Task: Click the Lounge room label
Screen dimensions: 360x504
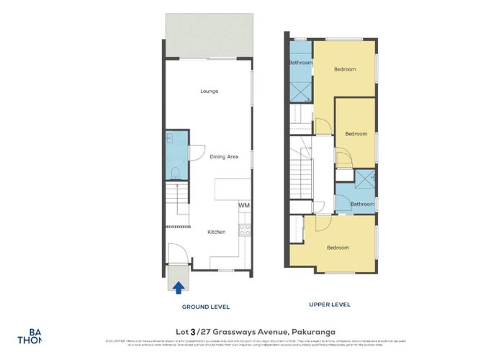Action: [210, 91]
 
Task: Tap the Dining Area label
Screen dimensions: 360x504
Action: [224, 156]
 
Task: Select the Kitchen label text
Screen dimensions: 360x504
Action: [217, 232]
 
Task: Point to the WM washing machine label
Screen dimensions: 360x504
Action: [243, 206]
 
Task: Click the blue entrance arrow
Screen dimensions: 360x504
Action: [176, 287]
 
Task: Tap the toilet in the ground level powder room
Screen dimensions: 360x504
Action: [175, 171]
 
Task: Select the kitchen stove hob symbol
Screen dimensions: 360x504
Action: [244, 230]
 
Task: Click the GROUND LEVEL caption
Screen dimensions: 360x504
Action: [205, 307]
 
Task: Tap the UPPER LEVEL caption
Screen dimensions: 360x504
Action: [330, 305]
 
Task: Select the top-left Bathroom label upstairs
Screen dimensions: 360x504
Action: [301, 63]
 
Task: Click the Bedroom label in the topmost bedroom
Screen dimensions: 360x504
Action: [345, 69]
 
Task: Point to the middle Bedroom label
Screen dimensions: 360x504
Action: [356, 134]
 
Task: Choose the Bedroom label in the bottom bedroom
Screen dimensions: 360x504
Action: [338, 248]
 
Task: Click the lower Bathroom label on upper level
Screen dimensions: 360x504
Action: [362, 204]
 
